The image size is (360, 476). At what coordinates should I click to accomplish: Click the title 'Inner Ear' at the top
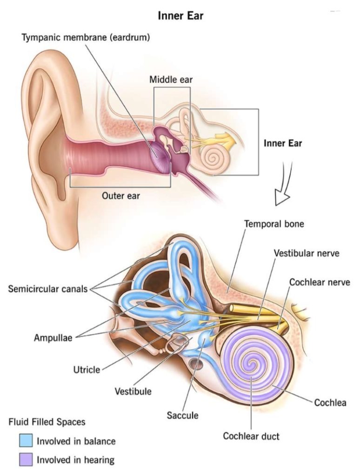(x=180, y=15)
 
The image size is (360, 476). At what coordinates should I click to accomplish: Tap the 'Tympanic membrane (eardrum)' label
(x=86, y=37)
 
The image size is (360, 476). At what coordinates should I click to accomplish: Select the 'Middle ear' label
(x=171, y=79)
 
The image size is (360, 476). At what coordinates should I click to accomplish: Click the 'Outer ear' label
(x=121, y=196)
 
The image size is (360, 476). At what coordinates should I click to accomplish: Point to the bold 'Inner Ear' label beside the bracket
(x=283, y=143)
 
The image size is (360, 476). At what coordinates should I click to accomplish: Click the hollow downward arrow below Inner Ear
(x=283, y=184)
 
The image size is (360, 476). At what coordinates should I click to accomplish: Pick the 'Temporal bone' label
(x=274, y=224)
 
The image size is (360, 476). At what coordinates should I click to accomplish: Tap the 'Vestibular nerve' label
(x=307, y=253)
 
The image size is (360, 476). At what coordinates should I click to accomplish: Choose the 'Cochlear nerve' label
(x=320, y=282)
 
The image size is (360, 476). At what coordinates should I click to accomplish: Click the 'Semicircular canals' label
(x=48, y=289)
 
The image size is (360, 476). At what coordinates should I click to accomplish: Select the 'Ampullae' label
(x=53, y=338)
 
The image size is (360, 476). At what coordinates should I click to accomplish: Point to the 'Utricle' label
(x=87, y=370)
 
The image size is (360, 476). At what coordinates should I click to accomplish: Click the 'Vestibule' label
(x=133, y=391)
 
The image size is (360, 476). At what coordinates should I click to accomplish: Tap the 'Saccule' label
(x=183, y=415)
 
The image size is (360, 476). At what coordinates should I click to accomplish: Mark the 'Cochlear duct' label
(x=251, y=436)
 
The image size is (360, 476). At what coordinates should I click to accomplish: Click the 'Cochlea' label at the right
(x=330, y=403)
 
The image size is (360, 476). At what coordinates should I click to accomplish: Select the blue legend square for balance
(x=26, y=441)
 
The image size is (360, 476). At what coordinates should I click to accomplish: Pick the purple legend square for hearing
(x=26, y=459)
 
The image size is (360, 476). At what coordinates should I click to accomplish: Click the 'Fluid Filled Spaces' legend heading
(x=47, y=422)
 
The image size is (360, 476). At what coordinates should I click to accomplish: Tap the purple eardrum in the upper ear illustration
(x=160, y=158)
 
